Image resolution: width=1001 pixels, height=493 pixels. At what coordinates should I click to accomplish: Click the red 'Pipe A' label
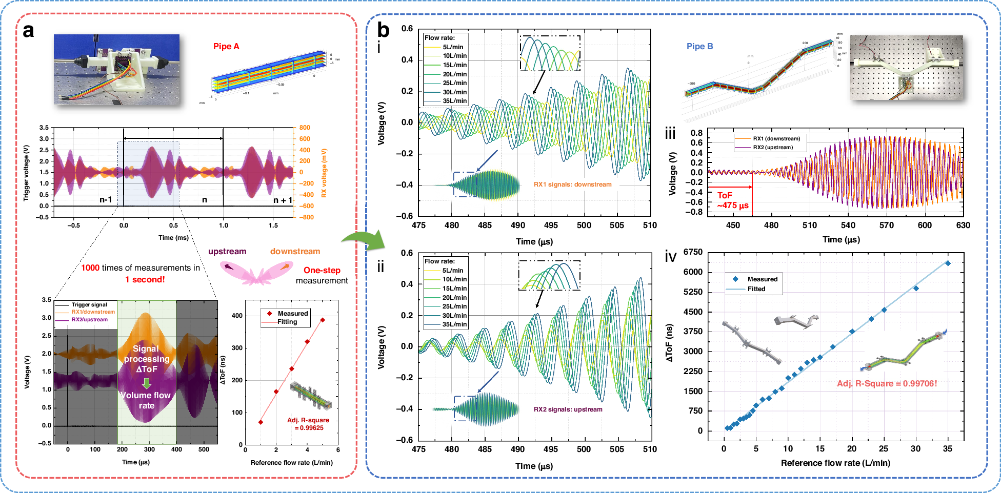(x=226, y=46)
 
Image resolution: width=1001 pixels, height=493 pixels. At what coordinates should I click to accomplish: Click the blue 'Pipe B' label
(x=699, y=46)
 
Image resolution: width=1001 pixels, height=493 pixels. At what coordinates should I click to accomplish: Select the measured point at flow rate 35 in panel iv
(x=948, y=263)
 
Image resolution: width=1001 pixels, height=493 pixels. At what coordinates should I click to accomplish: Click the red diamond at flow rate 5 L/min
(x=323, y=320)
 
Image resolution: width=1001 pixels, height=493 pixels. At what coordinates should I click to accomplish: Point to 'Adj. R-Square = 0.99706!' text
(x=887, y=383)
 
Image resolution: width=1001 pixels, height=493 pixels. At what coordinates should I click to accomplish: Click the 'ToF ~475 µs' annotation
(x=732, y=200)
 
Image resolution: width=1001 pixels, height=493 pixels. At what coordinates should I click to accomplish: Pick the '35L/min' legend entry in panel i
(x=454, y=101)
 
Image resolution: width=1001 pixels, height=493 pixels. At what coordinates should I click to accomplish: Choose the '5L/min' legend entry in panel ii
(x=452, y=271)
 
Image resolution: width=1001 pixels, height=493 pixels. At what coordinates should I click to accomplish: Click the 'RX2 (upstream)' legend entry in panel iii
(x=772, y=147)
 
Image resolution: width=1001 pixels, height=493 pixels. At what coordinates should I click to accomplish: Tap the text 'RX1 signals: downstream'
(x=572, y=184)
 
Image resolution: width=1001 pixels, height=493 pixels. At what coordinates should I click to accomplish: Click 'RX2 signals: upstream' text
(x=568, y=409)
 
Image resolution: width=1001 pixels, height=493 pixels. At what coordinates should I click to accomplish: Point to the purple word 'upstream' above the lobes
(x=227, y=251)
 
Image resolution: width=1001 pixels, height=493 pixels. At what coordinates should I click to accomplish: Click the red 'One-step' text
(x=322, y=270)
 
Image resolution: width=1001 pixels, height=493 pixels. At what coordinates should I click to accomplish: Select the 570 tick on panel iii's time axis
(x=886, y=225)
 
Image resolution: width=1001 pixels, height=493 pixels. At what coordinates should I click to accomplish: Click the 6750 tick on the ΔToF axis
(x=693, y=252)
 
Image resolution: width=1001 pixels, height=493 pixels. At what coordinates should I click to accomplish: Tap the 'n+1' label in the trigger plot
(x=283, y=200)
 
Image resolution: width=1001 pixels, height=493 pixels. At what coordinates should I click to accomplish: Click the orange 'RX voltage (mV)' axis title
(x=324, y=173)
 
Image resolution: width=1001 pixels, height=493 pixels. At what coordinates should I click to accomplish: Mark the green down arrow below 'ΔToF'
(x=147, y=383)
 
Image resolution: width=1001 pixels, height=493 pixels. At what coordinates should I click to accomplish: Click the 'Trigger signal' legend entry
(x=89, y=304)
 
